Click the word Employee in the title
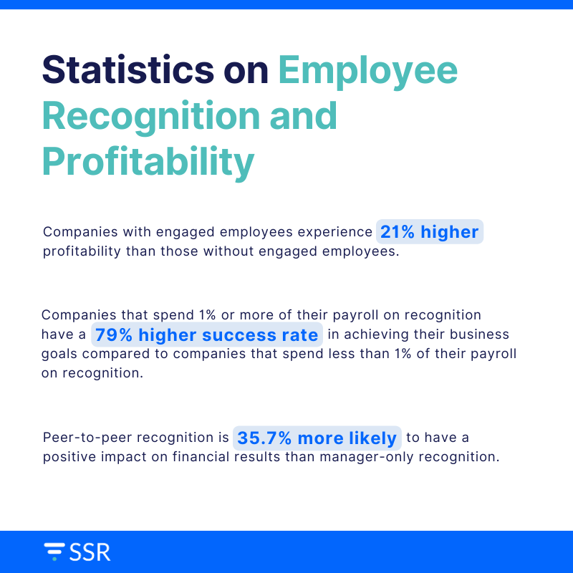(x=367, y=72)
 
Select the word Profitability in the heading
(x=148, y=162)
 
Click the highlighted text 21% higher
(x=430, y=232)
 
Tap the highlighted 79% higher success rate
(x=207, y=334)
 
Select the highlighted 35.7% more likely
(x=317, y=438)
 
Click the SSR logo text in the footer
(x=90, y=552)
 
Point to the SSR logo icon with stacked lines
(x=54, y=552)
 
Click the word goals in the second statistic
(x=59, y=354)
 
